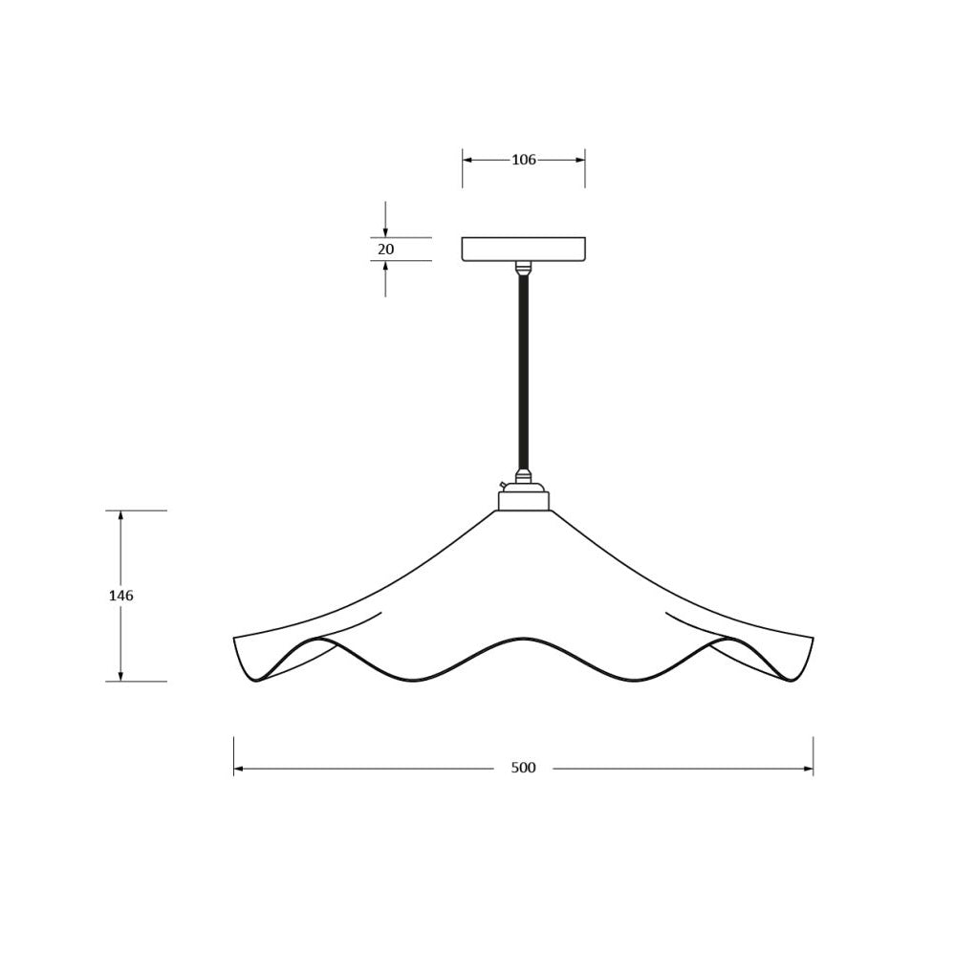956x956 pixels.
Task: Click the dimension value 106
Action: click(523, 160)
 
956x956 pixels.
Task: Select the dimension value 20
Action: click(386, 250)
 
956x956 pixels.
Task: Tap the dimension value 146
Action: click(120, 596)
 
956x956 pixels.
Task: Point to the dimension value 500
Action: click(523, 768)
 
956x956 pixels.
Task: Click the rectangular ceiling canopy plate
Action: click(523, 250)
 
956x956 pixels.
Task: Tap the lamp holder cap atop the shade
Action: click(523, 496)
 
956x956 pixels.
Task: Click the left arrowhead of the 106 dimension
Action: click(467, 160)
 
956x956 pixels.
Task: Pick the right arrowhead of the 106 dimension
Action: click(579, 160)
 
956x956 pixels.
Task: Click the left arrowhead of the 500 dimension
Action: click(239, 769)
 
